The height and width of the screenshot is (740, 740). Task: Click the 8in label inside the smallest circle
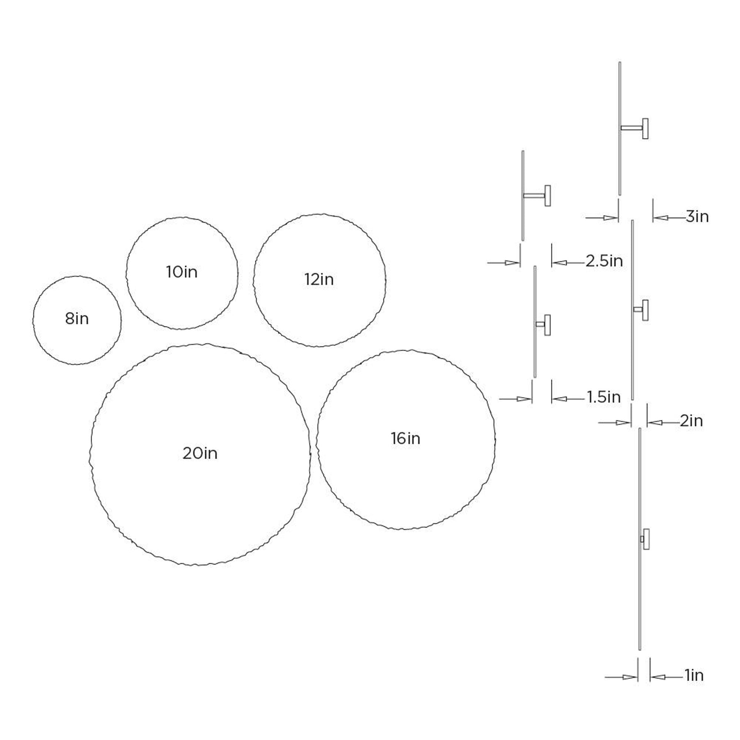pos(77,319)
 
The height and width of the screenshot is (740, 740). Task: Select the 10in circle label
pos(182,272)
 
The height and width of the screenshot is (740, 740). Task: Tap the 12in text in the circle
pos(319,280)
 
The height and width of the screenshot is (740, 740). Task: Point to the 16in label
pos(405,439)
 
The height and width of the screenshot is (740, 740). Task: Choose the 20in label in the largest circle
pos(200,453)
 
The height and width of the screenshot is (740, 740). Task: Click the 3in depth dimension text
pos(697,217)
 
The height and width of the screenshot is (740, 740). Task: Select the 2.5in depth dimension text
pos(604,261)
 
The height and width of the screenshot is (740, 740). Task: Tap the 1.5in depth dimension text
pos(604,397)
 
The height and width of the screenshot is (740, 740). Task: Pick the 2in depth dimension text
pos(691,421)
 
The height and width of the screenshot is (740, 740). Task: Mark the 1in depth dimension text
pos(694,675)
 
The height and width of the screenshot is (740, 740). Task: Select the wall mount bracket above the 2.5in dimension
pos(537,196)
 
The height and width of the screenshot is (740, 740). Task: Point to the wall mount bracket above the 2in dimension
pos(641,310)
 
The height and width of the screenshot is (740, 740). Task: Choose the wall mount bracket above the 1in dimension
pos(645,539)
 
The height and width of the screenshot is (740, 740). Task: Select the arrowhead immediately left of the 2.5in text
pos(559,262)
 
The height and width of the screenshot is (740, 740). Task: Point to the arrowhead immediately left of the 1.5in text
pos(559,398)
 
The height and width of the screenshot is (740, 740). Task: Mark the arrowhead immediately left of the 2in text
pos(654,422)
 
